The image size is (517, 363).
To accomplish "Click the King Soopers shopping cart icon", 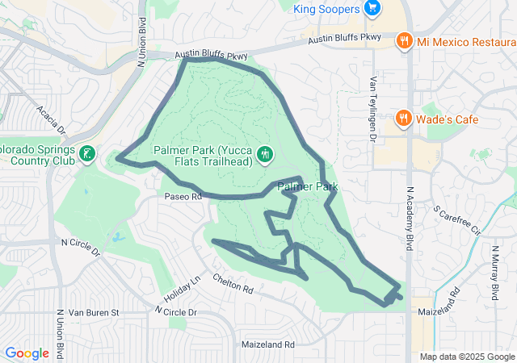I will tap(372, 8).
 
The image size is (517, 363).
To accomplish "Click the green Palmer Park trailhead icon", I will tap(264, 153).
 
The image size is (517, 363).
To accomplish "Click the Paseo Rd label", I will tap(183, 196).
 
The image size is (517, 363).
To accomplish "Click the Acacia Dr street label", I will tap(51, 119).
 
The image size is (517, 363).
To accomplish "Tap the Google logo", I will tap(27, 353).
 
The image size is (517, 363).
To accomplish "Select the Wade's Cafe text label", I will tap(448, 119).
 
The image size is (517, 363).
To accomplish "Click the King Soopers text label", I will tap(327, 8).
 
